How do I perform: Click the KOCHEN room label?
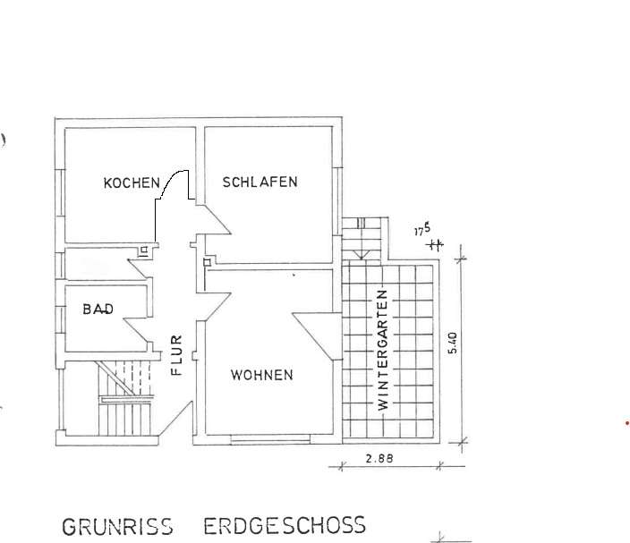click(132, 182)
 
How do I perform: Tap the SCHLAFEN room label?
click(260, 182)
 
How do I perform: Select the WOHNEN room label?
click(261, 375)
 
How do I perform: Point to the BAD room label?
click(98, 310)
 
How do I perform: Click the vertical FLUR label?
click(176, 354)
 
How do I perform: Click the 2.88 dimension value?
click(380, 459)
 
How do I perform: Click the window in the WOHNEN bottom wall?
click(269, 439)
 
